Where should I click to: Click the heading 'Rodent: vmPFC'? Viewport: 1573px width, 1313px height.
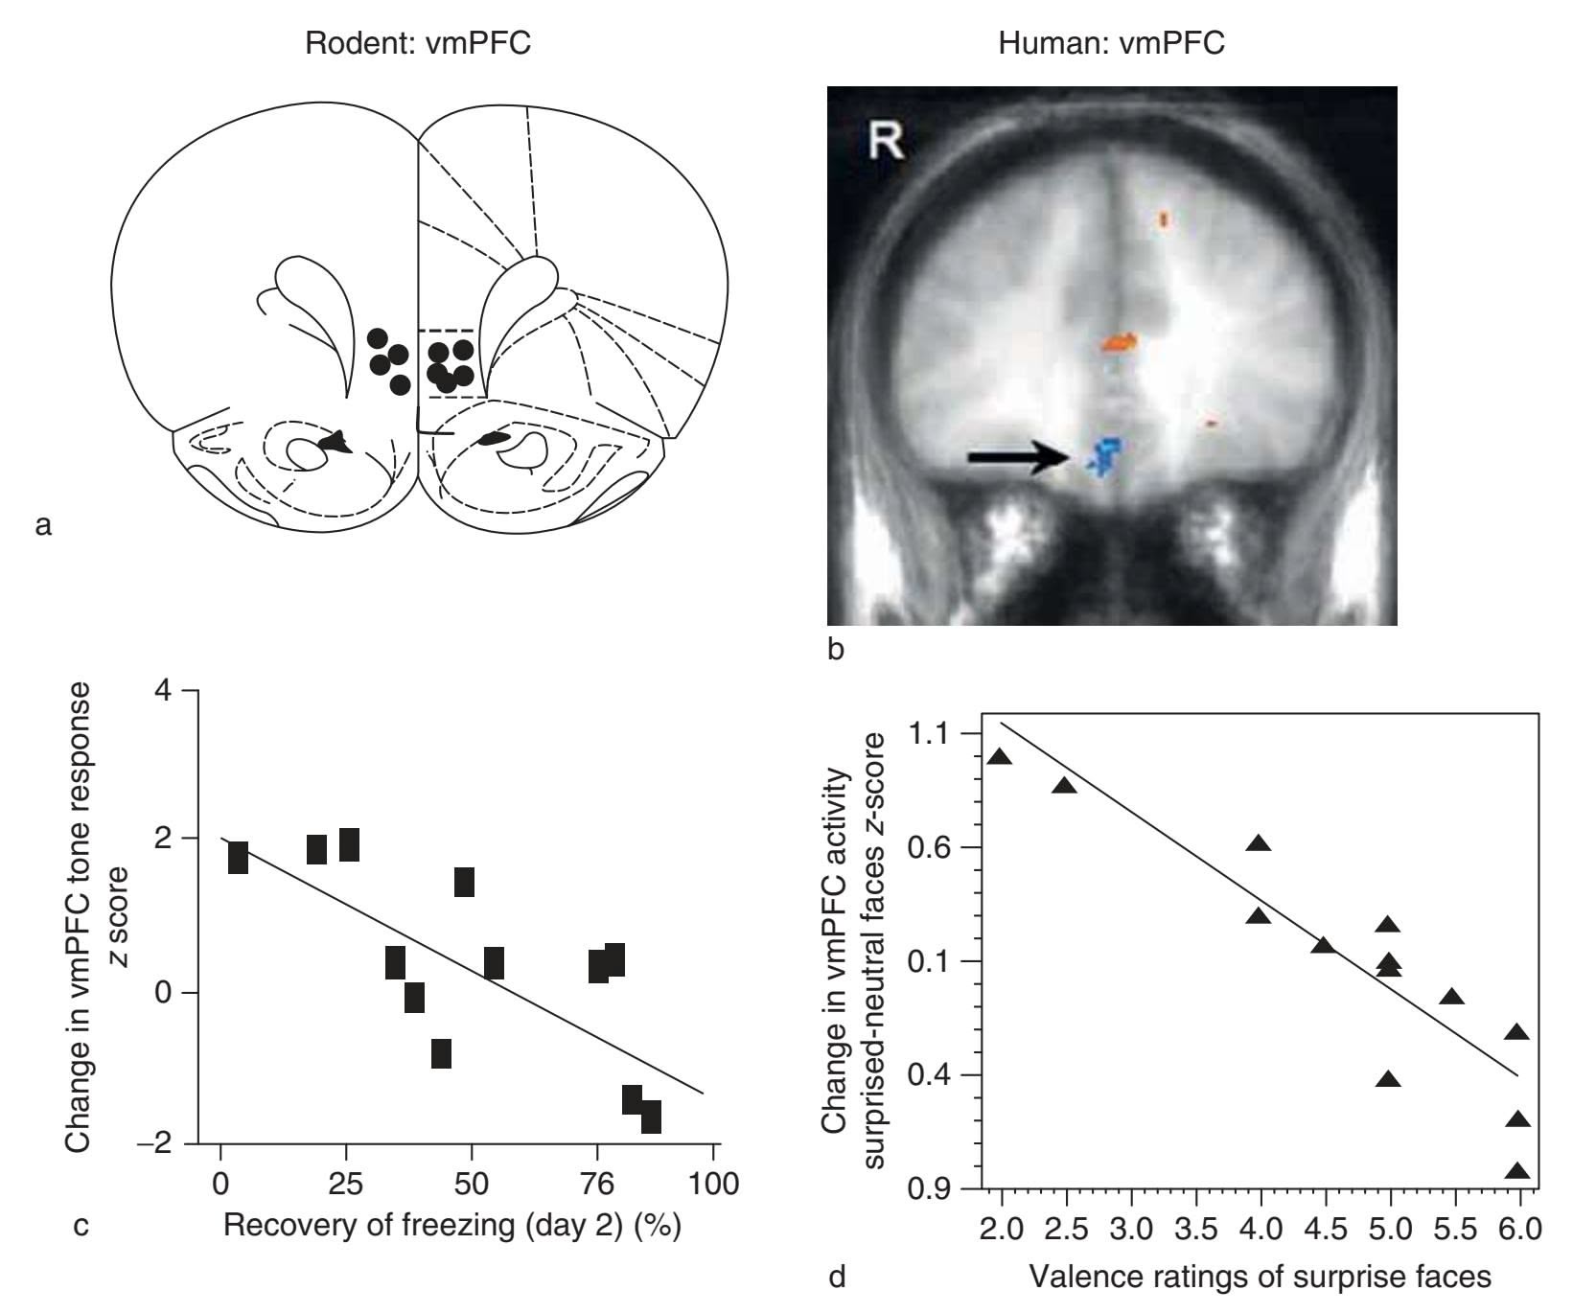click(417, 43)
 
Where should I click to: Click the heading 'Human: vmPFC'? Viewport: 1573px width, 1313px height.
click(1111, 43)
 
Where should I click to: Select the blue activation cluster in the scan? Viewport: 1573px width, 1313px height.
click(1105, 455)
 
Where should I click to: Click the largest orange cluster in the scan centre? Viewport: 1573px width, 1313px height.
click(1119, 342)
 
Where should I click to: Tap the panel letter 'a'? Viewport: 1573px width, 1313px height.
click(41, 524)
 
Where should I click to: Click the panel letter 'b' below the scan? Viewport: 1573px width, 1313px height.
click(835, 651)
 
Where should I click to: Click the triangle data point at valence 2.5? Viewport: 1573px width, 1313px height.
click(1064, 786)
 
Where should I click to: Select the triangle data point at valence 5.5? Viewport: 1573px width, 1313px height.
click(1451, 998)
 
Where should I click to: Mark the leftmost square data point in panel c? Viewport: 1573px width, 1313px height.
click(238, 858)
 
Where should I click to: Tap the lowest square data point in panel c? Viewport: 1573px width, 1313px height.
click(651, 1117)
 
